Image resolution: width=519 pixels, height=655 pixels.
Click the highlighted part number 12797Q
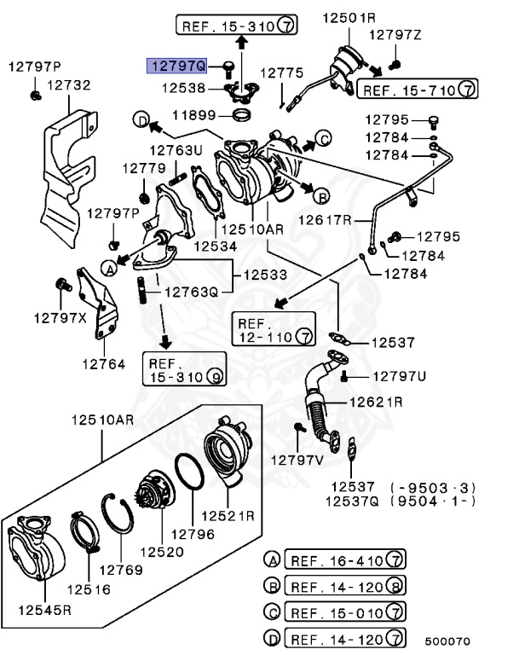click(x=176, y=66)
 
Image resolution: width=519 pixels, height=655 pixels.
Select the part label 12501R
click(x=349, y=18)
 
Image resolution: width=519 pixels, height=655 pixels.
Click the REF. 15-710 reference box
click(x=417, y=89)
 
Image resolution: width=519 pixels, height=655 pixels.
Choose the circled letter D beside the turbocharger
click(x=141, y=120)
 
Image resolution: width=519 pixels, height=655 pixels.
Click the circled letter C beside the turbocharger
click(x=323, y=138)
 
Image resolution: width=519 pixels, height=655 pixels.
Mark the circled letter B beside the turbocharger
click(x=321, y=196)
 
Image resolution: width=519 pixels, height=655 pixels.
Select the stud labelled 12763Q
click(x=142, y=290)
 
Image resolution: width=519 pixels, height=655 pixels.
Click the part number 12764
click(x=104, y=364)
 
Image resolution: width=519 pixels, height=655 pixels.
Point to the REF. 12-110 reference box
click(x=274, y=329)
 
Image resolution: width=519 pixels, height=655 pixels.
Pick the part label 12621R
click(x=376, y=402)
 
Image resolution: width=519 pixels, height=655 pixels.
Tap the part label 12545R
click(x=44, y=610)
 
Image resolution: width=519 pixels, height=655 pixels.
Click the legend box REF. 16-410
click(x=345, y=559)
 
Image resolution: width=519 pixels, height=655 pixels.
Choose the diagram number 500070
click(x=447, y=641)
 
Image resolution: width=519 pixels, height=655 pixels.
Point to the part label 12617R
click(x=325, y=219)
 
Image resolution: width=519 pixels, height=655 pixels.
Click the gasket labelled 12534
click(x=206, y=191)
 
